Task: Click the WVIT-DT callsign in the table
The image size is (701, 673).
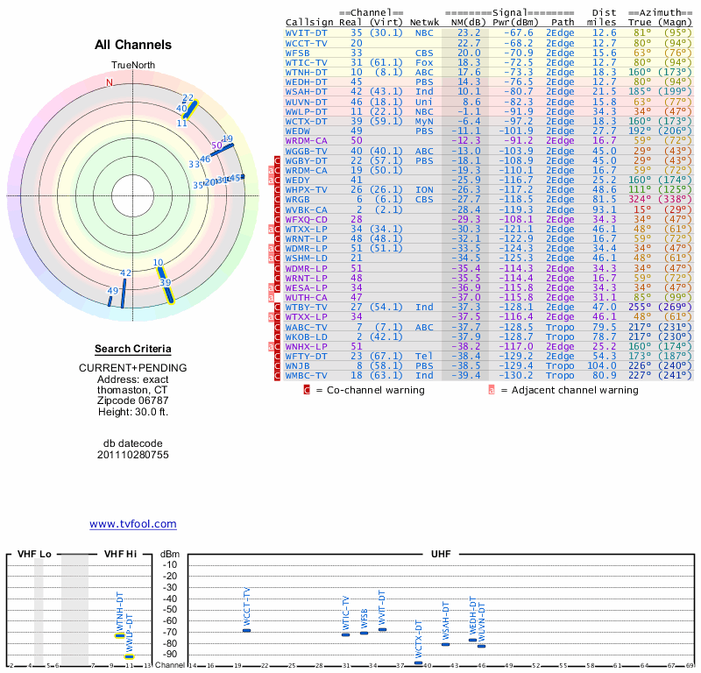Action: click(x=307, y=32)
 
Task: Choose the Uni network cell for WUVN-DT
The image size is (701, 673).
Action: click(x=424, y=102)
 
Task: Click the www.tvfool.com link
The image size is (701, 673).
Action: click(x=133, y=524)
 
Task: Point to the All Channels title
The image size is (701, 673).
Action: click(x=133, y=45)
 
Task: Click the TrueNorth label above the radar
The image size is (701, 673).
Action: click(x=132, y=66)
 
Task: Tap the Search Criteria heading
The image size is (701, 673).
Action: click(x=133, y=348)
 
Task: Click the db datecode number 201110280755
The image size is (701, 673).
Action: click(x=133, y=455)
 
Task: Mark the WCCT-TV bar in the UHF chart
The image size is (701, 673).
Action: click(x=246, y=630)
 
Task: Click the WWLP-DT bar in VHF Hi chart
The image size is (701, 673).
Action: click(x=129, y=655)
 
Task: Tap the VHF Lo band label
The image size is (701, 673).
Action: click(x=34, y=555)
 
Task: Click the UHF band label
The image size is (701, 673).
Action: click(x=443, y=555)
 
